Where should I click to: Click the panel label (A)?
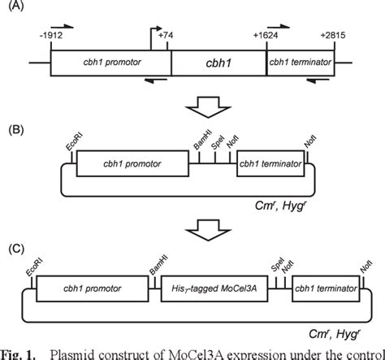pyautogui.click(x=13, y=9)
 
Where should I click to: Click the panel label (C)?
pyautogui.click(x=13, y=249)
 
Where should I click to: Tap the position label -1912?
pyautogui.click(x=47, y=36)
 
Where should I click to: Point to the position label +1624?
pyautogui.click(x=265, y=36)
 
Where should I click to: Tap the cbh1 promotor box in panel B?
pyautogui.click(x=131, y=165)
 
